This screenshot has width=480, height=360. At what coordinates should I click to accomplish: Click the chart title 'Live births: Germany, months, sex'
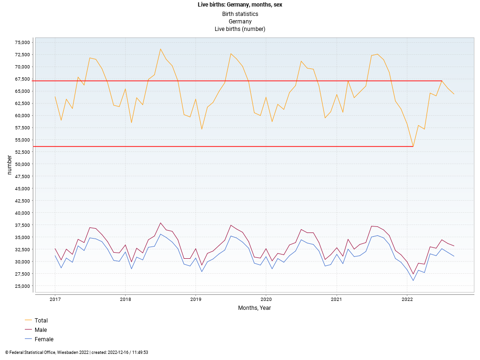240,5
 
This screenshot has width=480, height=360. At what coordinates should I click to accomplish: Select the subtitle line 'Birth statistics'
240,14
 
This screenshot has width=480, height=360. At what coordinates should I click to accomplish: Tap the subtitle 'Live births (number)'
240,29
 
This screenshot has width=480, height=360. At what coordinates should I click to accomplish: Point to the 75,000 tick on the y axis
22,42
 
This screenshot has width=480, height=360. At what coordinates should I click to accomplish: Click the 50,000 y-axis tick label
22,164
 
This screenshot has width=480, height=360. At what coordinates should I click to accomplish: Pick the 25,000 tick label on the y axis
22,286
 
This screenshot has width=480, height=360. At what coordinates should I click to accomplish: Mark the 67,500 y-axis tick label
22,79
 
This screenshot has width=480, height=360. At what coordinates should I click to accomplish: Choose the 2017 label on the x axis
55,299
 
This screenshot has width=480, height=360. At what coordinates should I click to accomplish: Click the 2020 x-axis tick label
266,299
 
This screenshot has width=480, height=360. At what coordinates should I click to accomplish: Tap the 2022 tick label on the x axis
406,299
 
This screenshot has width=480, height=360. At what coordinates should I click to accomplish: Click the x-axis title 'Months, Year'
254,308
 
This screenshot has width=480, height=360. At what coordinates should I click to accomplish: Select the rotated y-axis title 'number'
9,165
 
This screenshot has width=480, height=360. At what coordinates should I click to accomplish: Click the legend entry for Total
41,321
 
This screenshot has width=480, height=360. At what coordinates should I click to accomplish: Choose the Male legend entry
41,330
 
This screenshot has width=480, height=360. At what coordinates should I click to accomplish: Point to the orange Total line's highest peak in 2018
160,49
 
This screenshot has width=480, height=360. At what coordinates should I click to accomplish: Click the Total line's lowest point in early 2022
412,146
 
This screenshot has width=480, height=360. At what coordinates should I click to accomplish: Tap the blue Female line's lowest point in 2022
412,280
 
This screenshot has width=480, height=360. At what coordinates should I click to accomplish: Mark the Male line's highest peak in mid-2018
160,223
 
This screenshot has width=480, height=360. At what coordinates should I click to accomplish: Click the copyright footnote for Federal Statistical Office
76,352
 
